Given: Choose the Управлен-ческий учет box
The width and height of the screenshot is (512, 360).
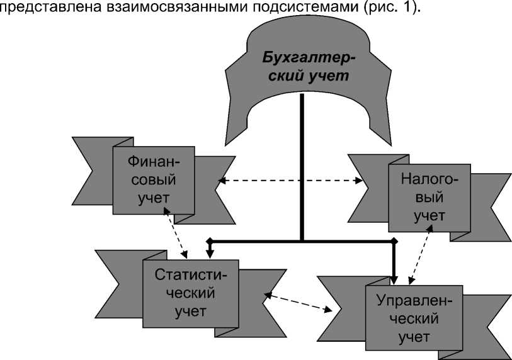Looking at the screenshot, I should pyautogui.click(x=414, y=318).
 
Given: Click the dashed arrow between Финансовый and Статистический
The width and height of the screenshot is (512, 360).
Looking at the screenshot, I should pyautogui.click(x=179, y=235).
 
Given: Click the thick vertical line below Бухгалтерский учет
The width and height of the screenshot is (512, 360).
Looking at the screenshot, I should pyautogui.click(x=302, y=167).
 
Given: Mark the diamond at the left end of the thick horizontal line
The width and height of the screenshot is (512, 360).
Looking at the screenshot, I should pyautogui.click(x=210, y=240).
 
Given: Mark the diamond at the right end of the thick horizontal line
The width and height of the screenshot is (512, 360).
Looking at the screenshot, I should pyautogui.click(x=394, y=240).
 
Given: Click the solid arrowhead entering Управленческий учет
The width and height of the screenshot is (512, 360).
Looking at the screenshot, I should pyautogui.click(x=394, y=281).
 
